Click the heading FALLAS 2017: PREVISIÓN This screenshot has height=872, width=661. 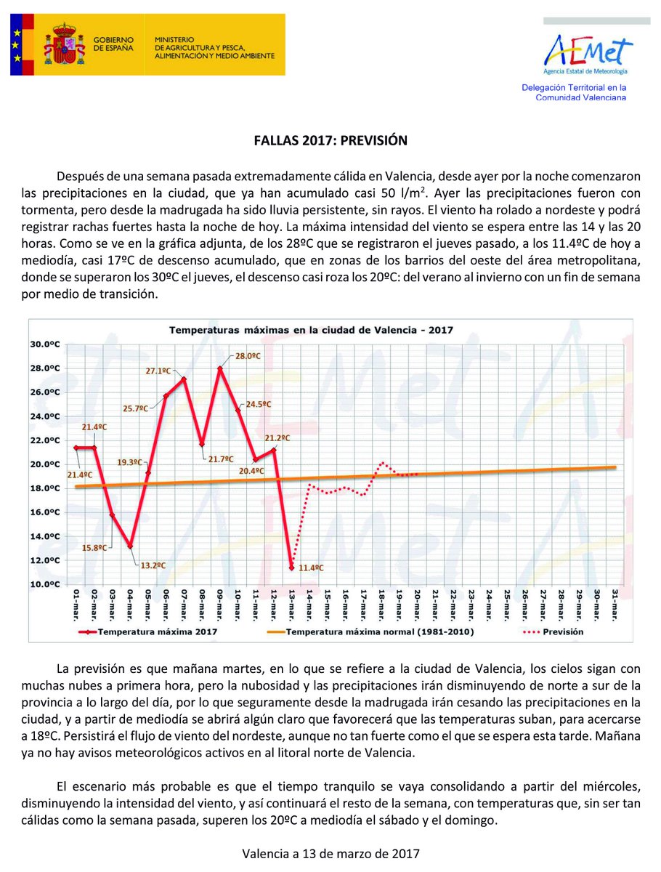330,140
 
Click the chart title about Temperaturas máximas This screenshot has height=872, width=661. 311,329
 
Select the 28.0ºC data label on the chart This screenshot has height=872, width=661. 247,356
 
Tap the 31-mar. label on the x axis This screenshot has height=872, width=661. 615,602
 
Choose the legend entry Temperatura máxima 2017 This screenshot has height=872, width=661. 149,632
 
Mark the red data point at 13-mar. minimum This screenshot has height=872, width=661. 291,567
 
